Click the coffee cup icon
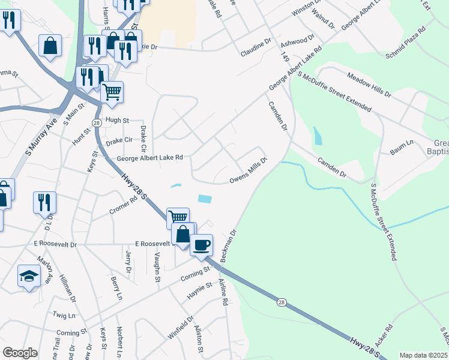[x=202, y=244]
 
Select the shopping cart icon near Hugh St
[x=111, y=92]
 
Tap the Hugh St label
[x=117, y=120]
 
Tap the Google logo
[x=20, y=353]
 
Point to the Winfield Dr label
[x=180, y=328]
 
